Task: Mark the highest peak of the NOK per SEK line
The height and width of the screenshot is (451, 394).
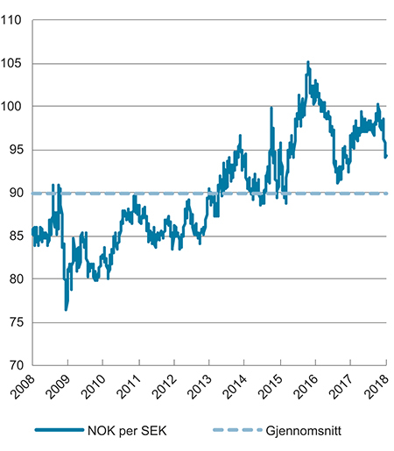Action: coord(307,62)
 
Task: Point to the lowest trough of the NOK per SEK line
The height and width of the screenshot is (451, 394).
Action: coord(66,310)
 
